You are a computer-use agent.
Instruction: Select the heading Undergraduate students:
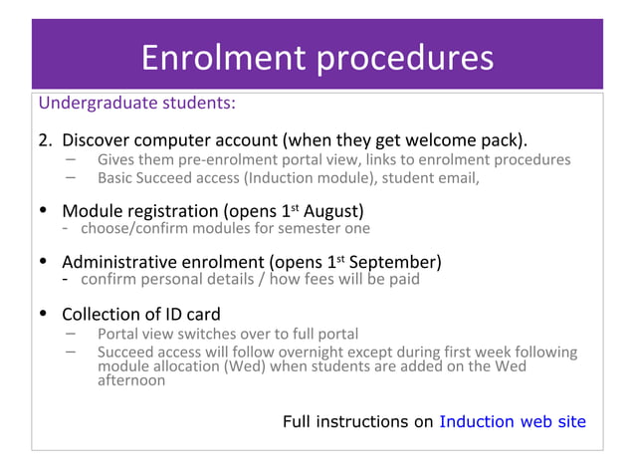136,103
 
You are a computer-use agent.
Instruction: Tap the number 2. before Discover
45,137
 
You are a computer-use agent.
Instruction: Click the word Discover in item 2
98,137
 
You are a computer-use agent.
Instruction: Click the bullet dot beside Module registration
42,211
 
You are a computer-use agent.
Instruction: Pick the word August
332,211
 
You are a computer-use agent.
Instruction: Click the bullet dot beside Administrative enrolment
42,262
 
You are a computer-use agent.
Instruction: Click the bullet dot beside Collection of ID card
42,315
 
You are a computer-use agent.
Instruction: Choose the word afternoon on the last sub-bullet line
131,380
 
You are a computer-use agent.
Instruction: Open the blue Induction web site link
513,421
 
